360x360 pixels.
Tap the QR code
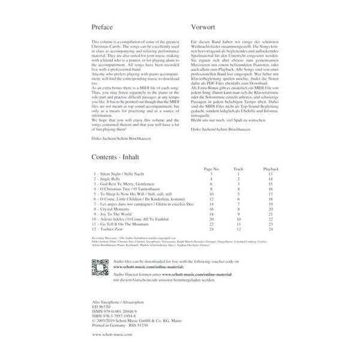[x=99, y=266]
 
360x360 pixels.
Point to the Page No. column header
[x=212, y=170]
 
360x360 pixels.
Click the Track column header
[x=238, y=170]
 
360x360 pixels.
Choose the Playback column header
[x=271, y=170]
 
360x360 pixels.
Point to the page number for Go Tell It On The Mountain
[x=211, y=224]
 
